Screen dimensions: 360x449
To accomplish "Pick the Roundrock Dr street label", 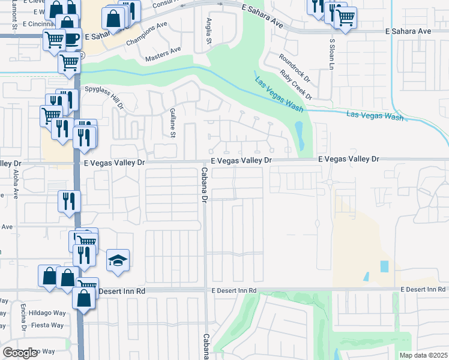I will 294,67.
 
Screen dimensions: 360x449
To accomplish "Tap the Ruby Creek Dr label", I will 297,85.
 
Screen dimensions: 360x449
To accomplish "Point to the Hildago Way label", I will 47,312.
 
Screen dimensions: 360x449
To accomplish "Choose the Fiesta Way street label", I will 48,325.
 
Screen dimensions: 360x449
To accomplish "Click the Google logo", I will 20,353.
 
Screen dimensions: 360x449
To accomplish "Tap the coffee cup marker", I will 72,38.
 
